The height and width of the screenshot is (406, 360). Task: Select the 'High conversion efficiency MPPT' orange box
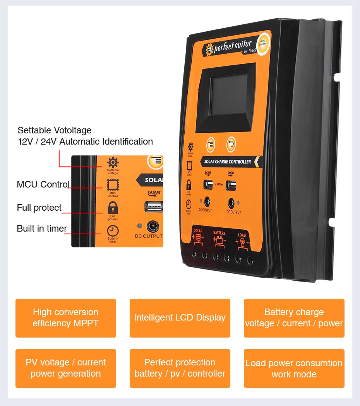coord(66,318)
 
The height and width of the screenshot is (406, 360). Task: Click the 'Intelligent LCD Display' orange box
coord(180,318)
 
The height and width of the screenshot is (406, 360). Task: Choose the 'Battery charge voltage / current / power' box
coord(294,318)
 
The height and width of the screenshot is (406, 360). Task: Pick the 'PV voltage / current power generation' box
coord(66,368)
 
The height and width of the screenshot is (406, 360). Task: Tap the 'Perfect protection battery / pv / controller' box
coord(180,368)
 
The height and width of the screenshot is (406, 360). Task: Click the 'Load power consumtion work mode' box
coord(294,368)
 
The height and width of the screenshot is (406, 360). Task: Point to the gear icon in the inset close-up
coord(113,162)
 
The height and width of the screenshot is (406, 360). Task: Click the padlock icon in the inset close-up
coord(113,208)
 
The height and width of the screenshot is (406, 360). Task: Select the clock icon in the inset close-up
coord(113,231)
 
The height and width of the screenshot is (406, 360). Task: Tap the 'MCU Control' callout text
coord(43,184)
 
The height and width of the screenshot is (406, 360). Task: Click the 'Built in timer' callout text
coord(42,229)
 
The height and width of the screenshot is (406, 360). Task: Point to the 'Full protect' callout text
coord(39,208)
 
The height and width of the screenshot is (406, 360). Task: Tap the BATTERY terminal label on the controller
coord(219,233)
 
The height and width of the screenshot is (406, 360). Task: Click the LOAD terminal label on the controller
coord(242,235)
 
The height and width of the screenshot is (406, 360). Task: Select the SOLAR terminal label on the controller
coord(198,231)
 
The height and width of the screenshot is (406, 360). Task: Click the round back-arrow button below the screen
coord(231,144)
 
